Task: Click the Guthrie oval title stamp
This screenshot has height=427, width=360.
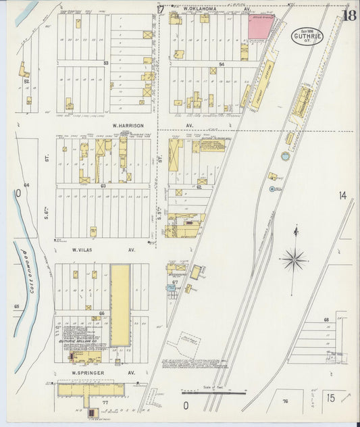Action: pyautogui.click(x=307, y=35)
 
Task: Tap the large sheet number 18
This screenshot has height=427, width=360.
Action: pyautogui.click(x=350, y=16)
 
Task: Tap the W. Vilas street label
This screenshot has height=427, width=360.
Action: pyautogui.click(x=86, y=249)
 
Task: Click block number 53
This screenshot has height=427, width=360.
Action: pyautogui.click(x=105, y=62)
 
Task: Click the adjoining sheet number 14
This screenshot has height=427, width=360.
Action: pyautogui.click(x=342, y=195)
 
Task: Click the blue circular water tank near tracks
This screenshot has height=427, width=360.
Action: pyautogui.click(x=285, y=156)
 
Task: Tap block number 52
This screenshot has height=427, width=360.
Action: pyautogui.click(x=27, y=80)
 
